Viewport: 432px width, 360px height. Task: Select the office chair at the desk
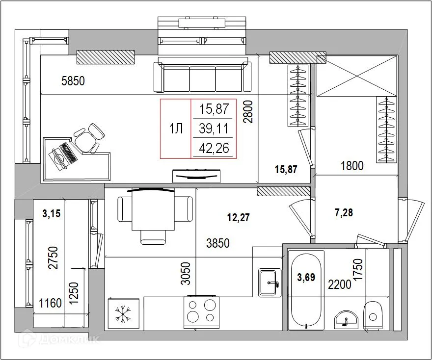pyautogui.click(x=88, y=138)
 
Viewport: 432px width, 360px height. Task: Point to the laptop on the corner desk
pyautogui.click(x=63, y=154)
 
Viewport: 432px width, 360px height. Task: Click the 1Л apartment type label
pyautogui.click(x=176, y=129)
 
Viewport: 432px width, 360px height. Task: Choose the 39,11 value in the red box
pyautogui.click(x=214, y=129)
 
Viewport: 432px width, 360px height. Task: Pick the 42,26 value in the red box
pyautogui.click(x=214, y=148)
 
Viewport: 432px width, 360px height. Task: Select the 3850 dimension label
pyautogui.click(x=217, y=243)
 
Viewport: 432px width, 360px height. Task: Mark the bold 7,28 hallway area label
pyautogui.click(x=343, y=212)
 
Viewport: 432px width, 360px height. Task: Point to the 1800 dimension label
pyautogui.click(x=352, y=166)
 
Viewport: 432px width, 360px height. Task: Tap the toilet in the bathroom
pyautogui.click(x=374, y=316)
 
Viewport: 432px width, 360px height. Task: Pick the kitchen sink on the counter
pyautogui.click(x=269, y=282)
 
